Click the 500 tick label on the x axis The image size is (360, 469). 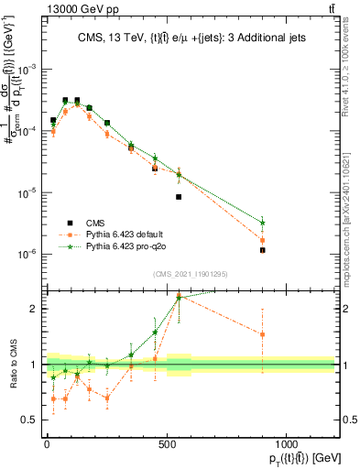(167, 443)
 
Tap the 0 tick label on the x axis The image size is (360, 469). (47, 443)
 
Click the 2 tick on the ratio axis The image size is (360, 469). (34, 309)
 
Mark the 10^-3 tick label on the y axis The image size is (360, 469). (27, 70)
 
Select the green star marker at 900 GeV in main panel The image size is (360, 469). (263, 223)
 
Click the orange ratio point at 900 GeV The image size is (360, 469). (263, 334)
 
